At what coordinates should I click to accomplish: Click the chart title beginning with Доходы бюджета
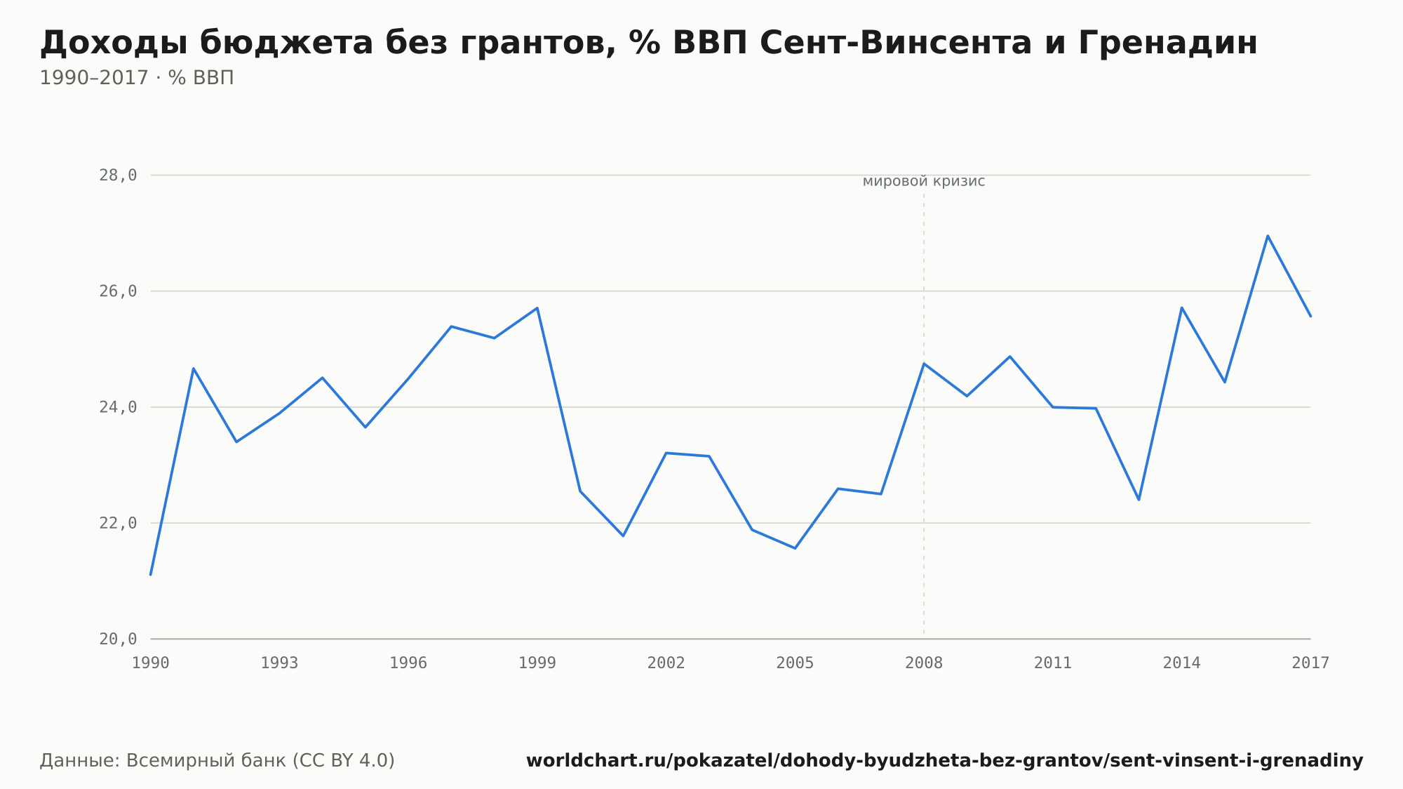[649, 44]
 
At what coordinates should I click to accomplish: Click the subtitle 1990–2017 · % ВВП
[137, 78]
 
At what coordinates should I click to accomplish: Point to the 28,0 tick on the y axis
[118, 175]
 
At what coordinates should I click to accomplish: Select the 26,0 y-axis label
[118, 291]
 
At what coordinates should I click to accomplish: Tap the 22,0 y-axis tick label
[118, 523]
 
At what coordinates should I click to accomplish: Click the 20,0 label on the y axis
[118, 639]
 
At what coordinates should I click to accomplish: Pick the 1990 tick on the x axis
[151, 663]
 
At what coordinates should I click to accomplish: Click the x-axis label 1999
[537, 663]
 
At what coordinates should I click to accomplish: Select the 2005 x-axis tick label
[795, 663]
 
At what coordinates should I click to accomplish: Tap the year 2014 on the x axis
[1182, 663]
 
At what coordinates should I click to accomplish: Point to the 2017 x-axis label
[1310, 663]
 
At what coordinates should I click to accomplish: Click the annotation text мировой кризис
[924, 181]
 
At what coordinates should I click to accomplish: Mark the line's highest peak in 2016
[1268, 236]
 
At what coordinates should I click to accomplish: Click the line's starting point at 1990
[151, 575]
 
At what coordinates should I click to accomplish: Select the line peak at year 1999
[537, 307]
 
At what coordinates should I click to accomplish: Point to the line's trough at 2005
[795, 548]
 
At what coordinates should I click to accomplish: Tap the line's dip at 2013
[1139, 500]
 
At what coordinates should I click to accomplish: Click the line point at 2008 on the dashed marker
[924, 364]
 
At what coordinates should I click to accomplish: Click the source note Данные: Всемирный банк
[217, 761]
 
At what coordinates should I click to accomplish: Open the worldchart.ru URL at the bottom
[945, 761]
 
